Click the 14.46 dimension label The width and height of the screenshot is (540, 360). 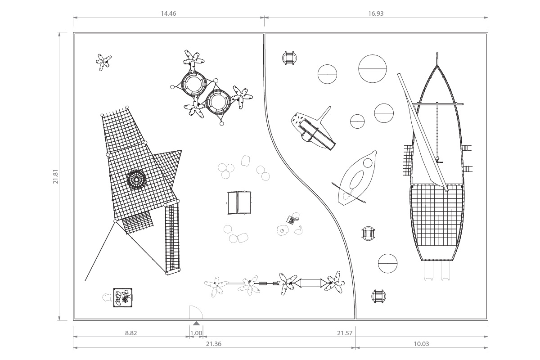click(x=168, y=13)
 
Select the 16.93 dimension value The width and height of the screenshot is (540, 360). click(x=376, y=13)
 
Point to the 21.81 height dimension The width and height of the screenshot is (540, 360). click(x=56, y=176)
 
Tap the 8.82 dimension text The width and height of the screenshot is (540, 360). click(x=131, y=333)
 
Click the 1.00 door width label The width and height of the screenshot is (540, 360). click(x=196, y=333)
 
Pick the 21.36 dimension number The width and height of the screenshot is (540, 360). click(x=213, y=344)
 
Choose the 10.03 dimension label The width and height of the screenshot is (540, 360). click(x=421, y=344)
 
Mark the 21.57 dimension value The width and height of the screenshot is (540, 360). click(x=345, y=333)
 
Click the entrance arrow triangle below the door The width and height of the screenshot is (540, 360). click(x=197, y=323)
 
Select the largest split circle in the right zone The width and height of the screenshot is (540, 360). click(x=373, y=69)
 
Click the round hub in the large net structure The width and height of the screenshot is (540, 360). click(x=136, y=180)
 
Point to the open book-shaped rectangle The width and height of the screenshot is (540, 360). click(x=239, y=203)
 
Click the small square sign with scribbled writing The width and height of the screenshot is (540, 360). click(x=123, y=297)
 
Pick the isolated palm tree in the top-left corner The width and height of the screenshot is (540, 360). click(x=103, y=62)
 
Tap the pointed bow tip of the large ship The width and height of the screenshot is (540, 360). click(x=437, y=53)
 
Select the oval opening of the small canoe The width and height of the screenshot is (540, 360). click(x=356, y=180)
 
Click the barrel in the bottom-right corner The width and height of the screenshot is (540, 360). click(x=378, y=297)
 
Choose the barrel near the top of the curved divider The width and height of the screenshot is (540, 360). click(x=289, y=58)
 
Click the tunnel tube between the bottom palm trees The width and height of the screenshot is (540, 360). click(x=311, y=283)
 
